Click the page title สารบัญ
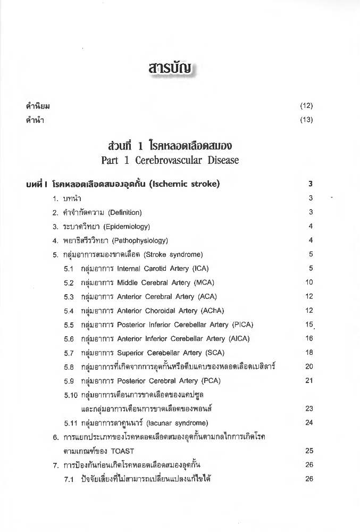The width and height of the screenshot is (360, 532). (x=180, y=70)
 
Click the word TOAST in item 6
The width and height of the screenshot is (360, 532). (x=124, y=450)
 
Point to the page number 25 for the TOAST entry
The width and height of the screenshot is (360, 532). (x=309, y=450)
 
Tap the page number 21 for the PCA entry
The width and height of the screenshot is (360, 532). (x=309, y=380)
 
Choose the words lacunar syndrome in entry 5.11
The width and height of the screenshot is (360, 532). (x=180, y=423)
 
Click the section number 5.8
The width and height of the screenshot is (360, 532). (x=68, y=367)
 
